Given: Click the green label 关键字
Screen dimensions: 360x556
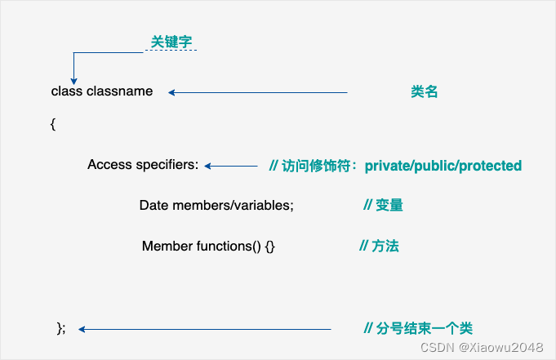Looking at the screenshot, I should [x=171, y=41].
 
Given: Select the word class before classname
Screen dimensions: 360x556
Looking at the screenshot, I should [x=67, y=91].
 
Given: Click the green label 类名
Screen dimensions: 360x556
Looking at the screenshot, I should [x=425, y=92].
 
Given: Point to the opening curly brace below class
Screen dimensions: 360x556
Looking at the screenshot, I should [x=53, y=124].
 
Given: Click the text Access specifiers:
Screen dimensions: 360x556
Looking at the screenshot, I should [x=143, y=165].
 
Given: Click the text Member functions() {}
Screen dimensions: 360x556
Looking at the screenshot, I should [x=208, y=246].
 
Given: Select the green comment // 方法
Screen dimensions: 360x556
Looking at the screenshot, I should [x=380, y=246].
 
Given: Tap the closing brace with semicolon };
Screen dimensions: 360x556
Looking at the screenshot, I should [x=60, y=328].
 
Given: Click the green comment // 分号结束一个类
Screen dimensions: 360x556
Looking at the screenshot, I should [x=418, y=328].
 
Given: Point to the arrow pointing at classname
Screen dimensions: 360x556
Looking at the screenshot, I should [x=257, y=92].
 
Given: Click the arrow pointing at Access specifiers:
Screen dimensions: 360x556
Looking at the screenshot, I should [x=231, y=166].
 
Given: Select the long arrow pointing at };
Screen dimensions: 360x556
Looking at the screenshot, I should [x=204, y=329].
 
